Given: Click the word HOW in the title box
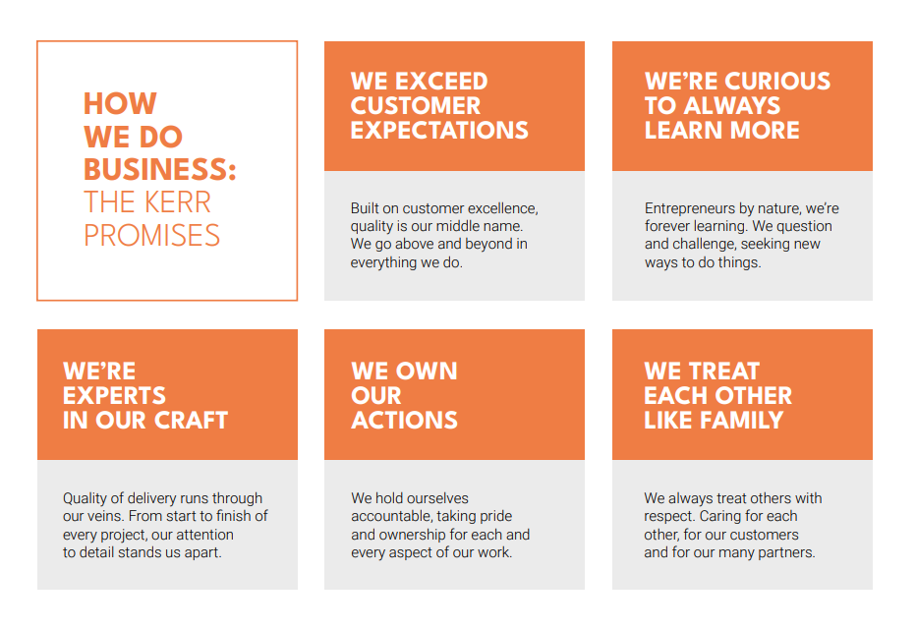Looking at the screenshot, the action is (120, 103).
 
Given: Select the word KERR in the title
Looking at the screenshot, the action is (177, 202).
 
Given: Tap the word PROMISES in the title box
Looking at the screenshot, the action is (152, 235).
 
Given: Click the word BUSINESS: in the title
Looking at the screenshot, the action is (160, 169).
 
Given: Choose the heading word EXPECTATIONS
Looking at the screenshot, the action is (439, 131).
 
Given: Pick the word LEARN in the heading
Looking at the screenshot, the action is (683, 131).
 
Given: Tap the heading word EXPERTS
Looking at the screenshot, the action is (114, 396).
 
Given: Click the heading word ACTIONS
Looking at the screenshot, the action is (404, 421).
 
